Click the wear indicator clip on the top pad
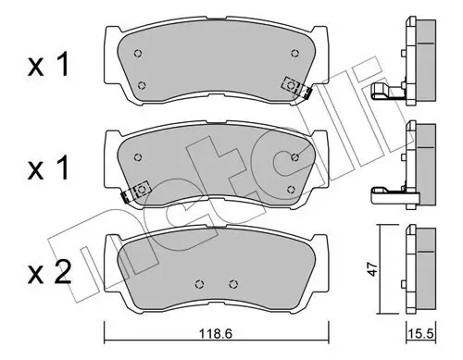(296, 87)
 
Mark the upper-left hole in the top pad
(138, 52)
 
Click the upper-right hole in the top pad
(297, 52)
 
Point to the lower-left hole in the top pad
(142, 86)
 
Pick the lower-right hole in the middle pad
(293, 189)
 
